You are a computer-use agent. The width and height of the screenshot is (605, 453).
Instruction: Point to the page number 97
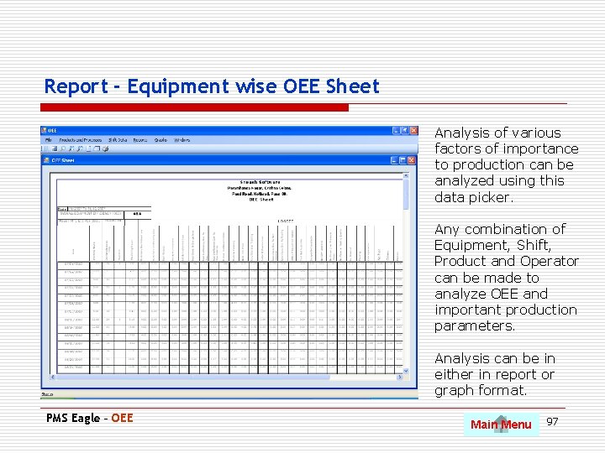(552, 421)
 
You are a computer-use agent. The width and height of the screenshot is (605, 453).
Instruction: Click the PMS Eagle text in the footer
(76, 418)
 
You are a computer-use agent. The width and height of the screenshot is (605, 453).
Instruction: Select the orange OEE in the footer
(123, 418)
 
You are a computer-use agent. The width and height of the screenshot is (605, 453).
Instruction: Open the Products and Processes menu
(81, 140)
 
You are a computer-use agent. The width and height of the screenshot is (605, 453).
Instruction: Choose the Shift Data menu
(118, 140)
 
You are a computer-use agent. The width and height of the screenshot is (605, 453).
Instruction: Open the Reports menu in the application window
(140, 140)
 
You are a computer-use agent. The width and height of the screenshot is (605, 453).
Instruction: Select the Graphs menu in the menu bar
(160, 140)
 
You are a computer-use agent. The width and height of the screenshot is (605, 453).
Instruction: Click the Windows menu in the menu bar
(181, 140)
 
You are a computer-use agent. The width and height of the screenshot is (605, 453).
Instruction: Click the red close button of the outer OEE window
(413, 131)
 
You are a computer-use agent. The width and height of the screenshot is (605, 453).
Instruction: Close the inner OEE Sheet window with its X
(413, 159)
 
